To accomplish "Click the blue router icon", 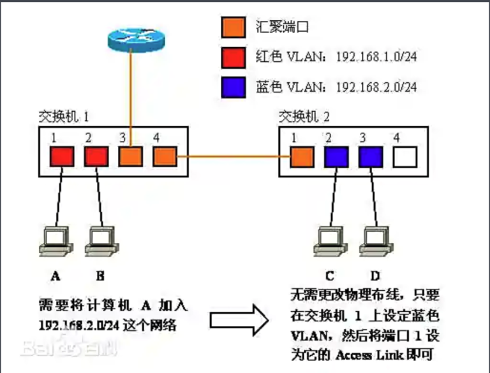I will pyautogui.click(x=131, y=41).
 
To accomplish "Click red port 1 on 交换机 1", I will pyautogui.click(x=62, y=156).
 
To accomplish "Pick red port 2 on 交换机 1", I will pyautogui.click(x=96, y=156).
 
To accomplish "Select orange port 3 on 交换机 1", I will pyautogui.click(x=130, y=156).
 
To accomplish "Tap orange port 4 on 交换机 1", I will pyautogui.click(x=164, y=156).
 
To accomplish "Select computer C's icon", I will pyautogui.click(x=329, y=240).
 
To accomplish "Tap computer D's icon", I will pyautogui.click(x=375, y=240).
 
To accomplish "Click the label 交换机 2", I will pyautogui.click(x=304, y=117).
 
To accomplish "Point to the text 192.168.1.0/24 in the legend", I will pyautogui.click(x=376, y=57).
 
